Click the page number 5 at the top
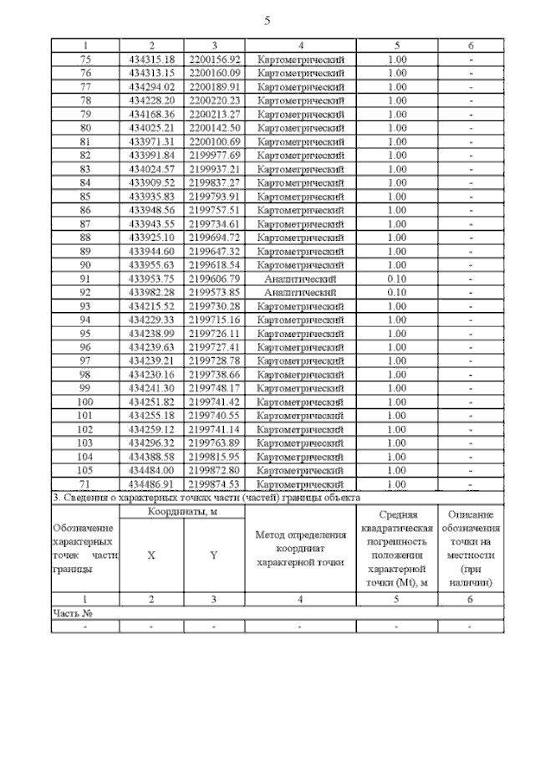pos(267,21)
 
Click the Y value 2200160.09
pos(215,73)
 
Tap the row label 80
pos(85,128)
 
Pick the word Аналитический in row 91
pos(300,279)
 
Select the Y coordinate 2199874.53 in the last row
pos(215,484)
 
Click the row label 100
pos(85,402)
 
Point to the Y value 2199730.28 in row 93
pos(215,306)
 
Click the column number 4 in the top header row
pos(300,45)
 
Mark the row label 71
pos(85,484)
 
